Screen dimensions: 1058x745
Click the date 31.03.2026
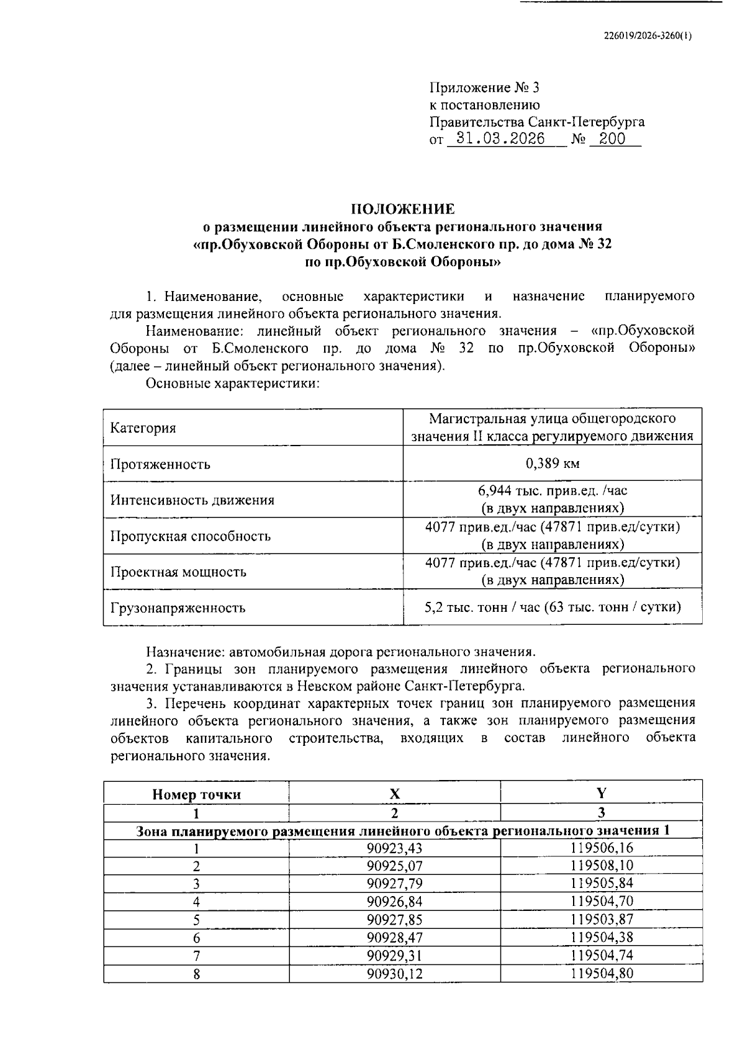(500, 138)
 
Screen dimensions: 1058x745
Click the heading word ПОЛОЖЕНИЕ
(403, 208)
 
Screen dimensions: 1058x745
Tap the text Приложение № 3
(480, 87)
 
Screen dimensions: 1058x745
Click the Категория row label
(143, 428)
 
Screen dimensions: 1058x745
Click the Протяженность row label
(160, 464)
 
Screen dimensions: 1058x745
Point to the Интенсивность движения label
(192, 500)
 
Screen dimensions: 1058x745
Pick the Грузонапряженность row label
(178, 608)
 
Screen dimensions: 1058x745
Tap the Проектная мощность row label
(178, 572)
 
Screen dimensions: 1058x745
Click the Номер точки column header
(196, 794)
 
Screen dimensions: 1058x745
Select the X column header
(394, 794)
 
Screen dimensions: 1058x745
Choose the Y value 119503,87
(602, 920)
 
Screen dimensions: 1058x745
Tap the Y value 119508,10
(602, 866)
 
